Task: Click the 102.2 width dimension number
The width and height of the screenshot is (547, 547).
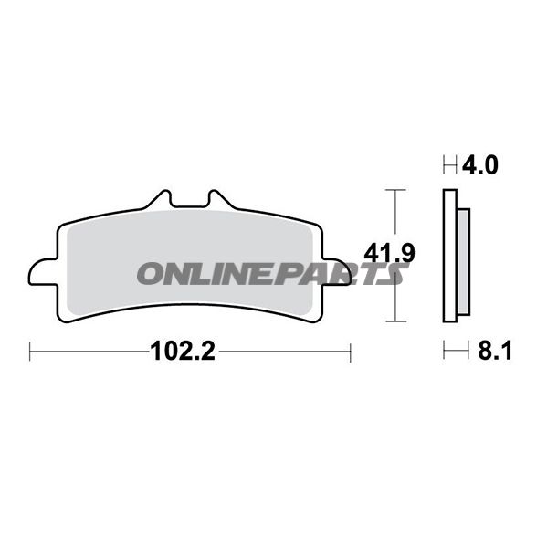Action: click(183, 351)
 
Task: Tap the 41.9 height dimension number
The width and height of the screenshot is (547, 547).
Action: click(389, 253)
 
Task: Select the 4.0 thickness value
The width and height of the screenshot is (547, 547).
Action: click(480, 165)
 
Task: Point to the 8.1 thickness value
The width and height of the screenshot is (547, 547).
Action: click(495, 351)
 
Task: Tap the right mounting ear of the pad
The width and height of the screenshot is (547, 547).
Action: click(337, 272)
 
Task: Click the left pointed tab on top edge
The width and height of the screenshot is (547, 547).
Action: click(159, 200)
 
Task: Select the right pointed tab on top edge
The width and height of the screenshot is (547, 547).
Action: click(221, 200)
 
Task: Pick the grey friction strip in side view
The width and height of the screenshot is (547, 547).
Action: click(463, 262)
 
